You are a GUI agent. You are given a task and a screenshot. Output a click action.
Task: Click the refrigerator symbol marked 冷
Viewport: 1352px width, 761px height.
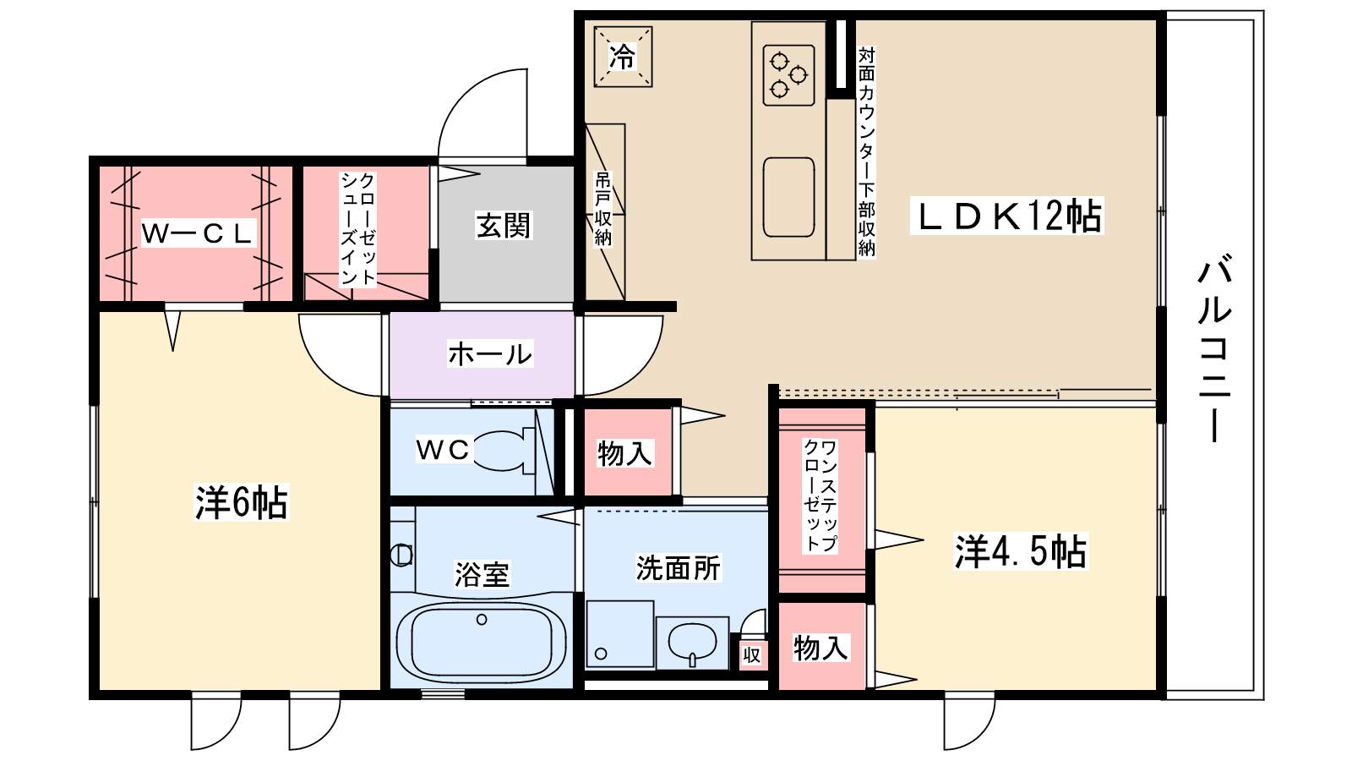pyautogui.click(x=623, y=57)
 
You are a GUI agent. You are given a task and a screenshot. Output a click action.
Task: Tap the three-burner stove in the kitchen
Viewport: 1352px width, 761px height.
pyautogui.click(x=789, y=75)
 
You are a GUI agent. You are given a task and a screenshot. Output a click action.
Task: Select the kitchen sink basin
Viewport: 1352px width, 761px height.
pyautogui.click(x=788, y=197)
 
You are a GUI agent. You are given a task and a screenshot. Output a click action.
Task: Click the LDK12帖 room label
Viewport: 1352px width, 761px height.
pyautogui.click(x=1006, y=216)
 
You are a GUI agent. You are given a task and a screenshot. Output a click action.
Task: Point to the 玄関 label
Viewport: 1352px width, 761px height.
pyautogui.click(x=504, y=226)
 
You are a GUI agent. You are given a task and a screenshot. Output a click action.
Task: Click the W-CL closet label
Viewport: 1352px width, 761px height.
pyautogui.click(x=198, y=233)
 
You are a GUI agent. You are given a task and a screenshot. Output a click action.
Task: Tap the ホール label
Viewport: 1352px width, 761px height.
pyautogui.click(x=490, y=354)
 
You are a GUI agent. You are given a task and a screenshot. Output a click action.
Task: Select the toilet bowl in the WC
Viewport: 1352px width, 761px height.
pyautogui.click(x=504, y=451)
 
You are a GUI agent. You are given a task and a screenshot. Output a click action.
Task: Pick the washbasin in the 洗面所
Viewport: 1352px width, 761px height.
pyautogui.click(x=692, y=643)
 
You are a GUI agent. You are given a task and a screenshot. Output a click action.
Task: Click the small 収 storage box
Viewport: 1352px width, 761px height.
pyautogui.click(x=751, y=654)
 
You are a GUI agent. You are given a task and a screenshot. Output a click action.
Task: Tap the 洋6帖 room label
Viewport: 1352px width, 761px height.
pyautogui.click(x=242, y=502)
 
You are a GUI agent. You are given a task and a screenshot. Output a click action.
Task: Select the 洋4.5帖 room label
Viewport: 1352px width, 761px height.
pyautogui.click(x=1020, y=551)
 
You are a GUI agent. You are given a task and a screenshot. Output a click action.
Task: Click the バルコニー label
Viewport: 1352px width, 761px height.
pyautogui.click(x=1214, y=349)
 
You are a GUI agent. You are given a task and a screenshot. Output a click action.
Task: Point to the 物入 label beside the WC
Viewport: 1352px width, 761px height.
pyautogui.click(x=624, y=453)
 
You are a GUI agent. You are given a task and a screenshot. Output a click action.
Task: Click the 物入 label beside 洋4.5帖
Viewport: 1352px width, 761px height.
pyautogui.click(x=820, y=648)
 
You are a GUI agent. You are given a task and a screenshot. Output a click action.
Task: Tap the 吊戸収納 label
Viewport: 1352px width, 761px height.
pyautogui.click(x=603, y=209)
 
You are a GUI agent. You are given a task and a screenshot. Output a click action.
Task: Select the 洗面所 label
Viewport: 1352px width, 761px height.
pyautogui.click(x=679, y=568)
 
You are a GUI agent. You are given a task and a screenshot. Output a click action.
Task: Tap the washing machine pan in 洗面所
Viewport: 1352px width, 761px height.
pyautogui.click(x=620, y=634)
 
